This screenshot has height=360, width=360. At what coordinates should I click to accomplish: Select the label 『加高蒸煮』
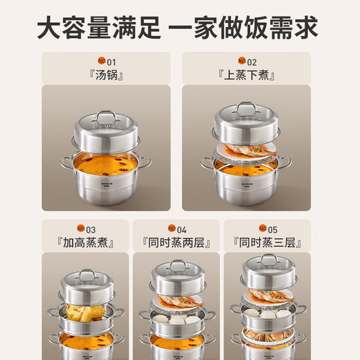click(x=86, y=242)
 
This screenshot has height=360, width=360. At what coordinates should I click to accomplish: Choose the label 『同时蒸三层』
click(x=268, y=242)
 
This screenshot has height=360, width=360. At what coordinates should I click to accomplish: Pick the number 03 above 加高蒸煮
click(x=91, y=229)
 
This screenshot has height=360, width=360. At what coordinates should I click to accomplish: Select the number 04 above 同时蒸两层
click(x=181, y=229)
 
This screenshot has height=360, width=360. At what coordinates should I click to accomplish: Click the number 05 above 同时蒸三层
click(x=273, y=229)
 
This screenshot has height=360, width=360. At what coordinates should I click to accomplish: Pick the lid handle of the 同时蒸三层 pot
click(x=269, y=261)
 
